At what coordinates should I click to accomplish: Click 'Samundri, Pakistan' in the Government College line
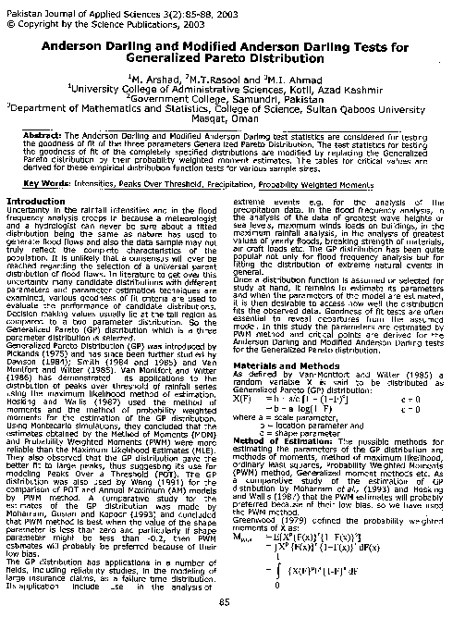(263, 102)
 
